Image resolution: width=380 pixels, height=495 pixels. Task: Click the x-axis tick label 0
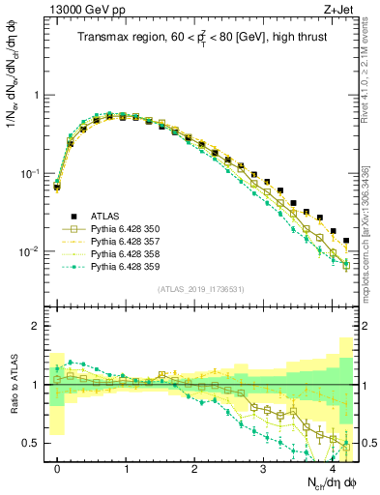tap(58, 470)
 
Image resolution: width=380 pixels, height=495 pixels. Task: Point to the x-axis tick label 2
tap(194, 470)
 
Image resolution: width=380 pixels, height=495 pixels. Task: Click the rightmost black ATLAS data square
tap(346, 241)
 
